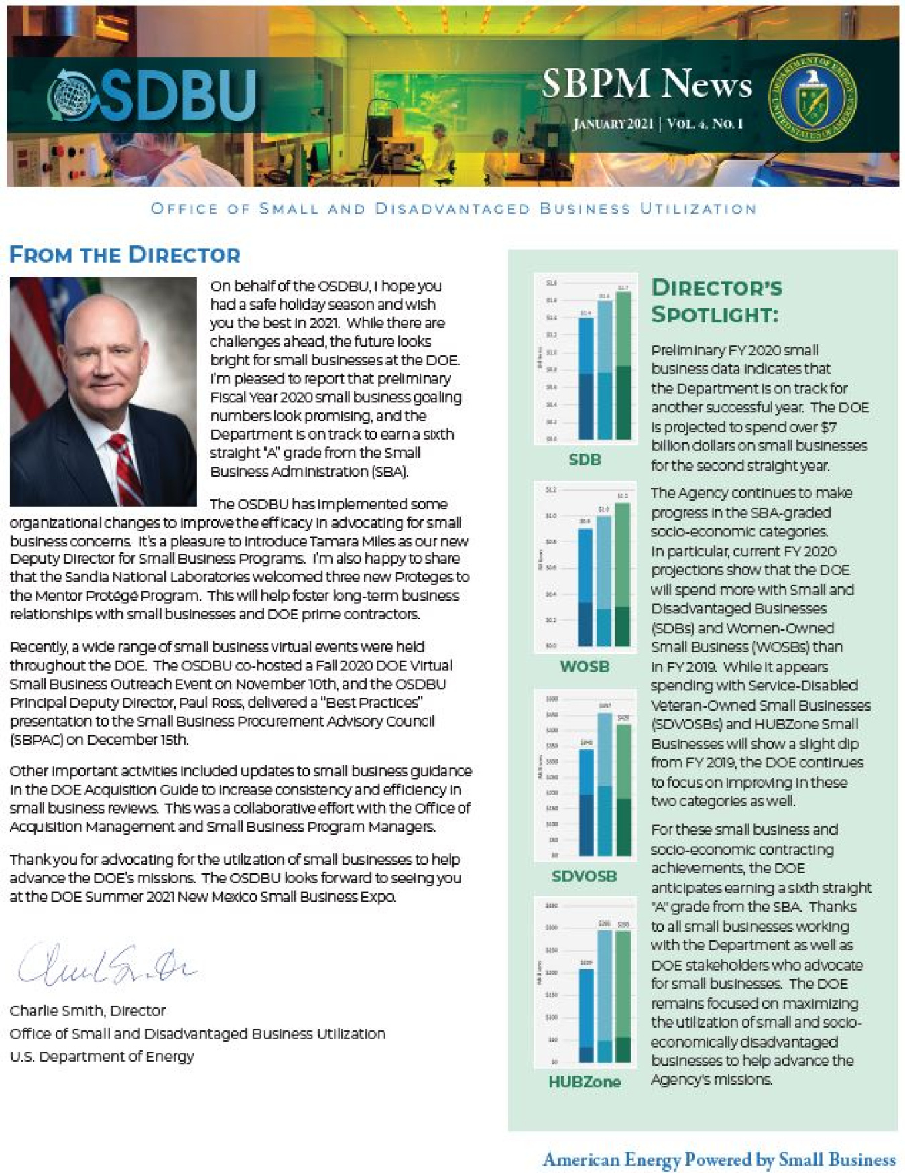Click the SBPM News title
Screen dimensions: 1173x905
tap(646, 84)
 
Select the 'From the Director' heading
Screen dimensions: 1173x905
tap(125, 255)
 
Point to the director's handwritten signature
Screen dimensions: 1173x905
tap(107, 966)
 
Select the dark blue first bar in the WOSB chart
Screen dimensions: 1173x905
tap(585, 587)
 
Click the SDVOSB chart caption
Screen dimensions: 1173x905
tap(585, 876)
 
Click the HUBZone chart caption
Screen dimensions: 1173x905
tap(585, 1081)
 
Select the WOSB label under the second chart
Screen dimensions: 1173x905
tap(585, 667)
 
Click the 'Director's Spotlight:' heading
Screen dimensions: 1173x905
tap(716, 301)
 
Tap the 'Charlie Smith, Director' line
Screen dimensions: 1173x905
tap(87, 1011)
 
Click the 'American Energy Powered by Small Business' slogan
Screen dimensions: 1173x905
tap(719, 1159)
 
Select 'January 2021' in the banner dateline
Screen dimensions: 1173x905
tap(613, 124)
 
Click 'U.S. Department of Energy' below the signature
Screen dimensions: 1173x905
tap(102, 1057)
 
